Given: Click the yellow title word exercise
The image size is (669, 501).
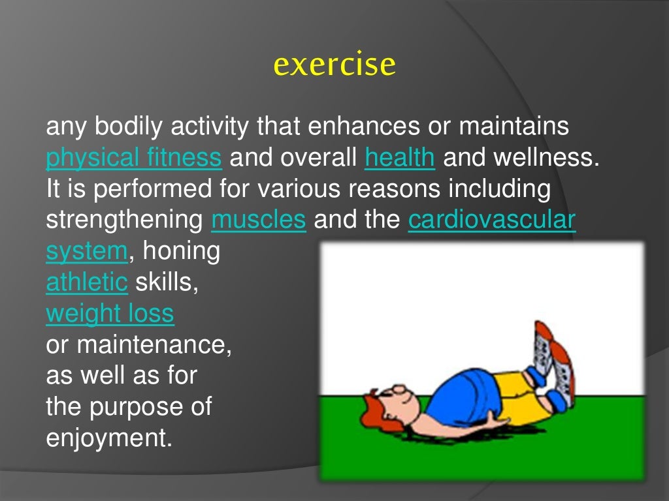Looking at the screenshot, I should [x=334, y=65].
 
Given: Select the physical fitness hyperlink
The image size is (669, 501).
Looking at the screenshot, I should [x=134, y=158].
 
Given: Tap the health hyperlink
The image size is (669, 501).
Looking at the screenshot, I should [x=400, y=158].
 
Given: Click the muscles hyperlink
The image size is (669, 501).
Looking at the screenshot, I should [x=259, y=220].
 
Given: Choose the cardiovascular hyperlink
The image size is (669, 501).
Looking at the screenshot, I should [x=491, y=220].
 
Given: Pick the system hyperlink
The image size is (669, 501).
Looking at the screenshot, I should [x=86, y=251].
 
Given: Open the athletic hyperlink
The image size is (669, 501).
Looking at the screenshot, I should [x=87, y=282].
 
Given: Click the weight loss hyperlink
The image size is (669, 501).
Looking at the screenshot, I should [x=110, y=314].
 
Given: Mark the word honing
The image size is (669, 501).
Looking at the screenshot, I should [x=181, y=251].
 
